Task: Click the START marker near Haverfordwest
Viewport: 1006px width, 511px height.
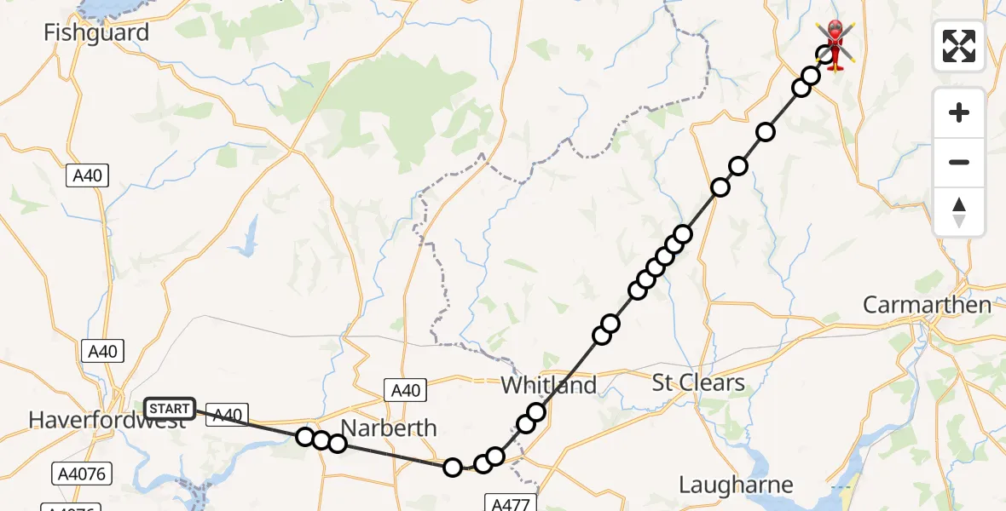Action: point(170,409)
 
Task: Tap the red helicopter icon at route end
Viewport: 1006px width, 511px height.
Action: point(835,43)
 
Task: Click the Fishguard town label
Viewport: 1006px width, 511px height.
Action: point(96,33)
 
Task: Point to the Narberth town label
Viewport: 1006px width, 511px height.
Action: point(389,428)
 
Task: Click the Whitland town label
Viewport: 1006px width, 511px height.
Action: point(548,385)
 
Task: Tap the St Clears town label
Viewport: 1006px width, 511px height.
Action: point(698,383)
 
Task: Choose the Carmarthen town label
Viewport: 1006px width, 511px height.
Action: point(927,305)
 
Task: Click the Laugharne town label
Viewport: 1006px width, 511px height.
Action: point(736,485)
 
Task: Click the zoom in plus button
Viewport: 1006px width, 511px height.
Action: point(959,112)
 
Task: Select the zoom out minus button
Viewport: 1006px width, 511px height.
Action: point(959,162)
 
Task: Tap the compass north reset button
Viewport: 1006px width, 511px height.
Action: point(959,212)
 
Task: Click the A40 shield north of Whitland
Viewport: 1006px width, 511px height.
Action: point(405,390)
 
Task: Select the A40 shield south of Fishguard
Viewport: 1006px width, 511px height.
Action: point(88,176)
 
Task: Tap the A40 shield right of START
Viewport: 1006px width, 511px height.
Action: point(227,415)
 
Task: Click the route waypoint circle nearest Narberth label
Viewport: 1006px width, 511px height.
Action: point(338,443)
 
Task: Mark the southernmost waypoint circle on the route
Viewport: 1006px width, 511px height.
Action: point(453,467)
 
